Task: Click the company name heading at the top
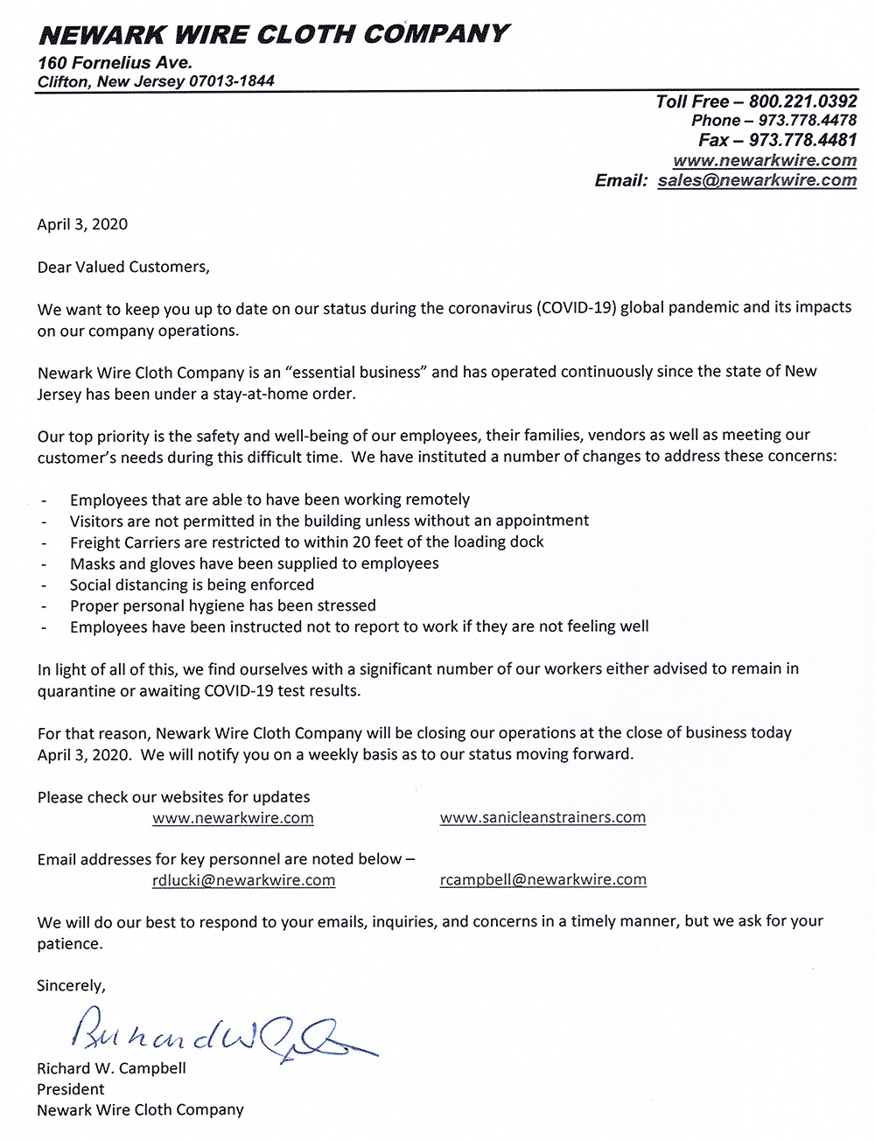point(273,34)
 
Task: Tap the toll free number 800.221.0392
point(802,101)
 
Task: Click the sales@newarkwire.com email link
point(757,180)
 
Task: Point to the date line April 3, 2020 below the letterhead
point(82,224)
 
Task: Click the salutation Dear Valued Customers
point(123,267)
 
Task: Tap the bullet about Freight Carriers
point(306,542)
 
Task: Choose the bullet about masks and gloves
point(254,563)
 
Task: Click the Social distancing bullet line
point(192,584)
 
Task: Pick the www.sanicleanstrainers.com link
point(542,817)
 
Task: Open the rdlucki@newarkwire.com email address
point(243,880)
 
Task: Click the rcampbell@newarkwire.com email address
point(542,879)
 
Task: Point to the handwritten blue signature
point(219,1034)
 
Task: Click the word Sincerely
point(71,986)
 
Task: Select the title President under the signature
point(70,1089)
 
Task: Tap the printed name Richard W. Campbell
point(111,1068)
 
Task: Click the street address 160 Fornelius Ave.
point(115,63)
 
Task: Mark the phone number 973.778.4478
point(807,121)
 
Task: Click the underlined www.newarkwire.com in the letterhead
point(765,160)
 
